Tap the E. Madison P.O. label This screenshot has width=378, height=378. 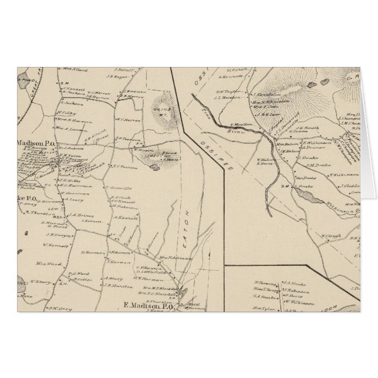pos(149,304)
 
